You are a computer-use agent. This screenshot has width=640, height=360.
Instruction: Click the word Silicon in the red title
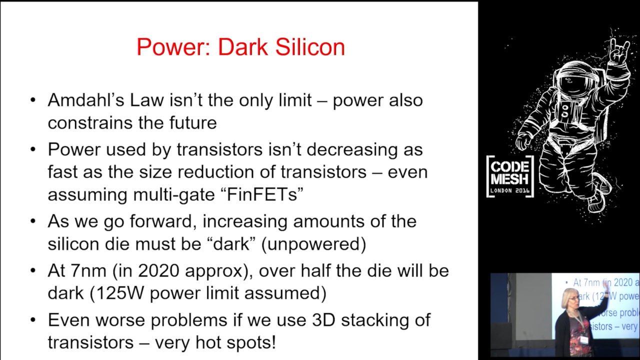click(310, 47)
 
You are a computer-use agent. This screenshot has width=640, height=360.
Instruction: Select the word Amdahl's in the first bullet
click(86, 100)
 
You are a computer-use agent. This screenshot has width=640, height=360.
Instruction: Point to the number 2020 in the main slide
click(159, 270)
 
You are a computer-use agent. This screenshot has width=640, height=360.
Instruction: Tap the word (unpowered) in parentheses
click(313, 244)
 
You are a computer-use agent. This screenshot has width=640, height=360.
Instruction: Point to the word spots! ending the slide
click(251, 342)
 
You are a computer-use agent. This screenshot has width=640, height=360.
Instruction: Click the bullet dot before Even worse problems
click(33, 320)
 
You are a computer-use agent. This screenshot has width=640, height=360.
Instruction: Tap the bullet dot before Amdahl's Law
click(33, 100)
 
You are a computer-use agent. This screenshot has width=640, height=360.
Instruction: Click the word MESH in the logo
click(509, 179)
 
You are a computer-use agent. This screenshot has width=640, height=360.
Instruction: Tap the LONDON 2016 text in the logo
click(509, 190)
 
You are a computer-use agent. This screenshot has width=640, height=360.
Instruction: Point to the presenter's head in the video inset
click(570, 297)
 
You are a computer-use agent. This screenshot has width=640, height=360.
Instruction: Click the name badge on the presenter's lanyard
click(584, 339)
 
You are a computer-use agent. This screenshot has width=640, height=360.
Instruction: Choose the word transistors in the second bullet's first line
click(219, 149)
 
